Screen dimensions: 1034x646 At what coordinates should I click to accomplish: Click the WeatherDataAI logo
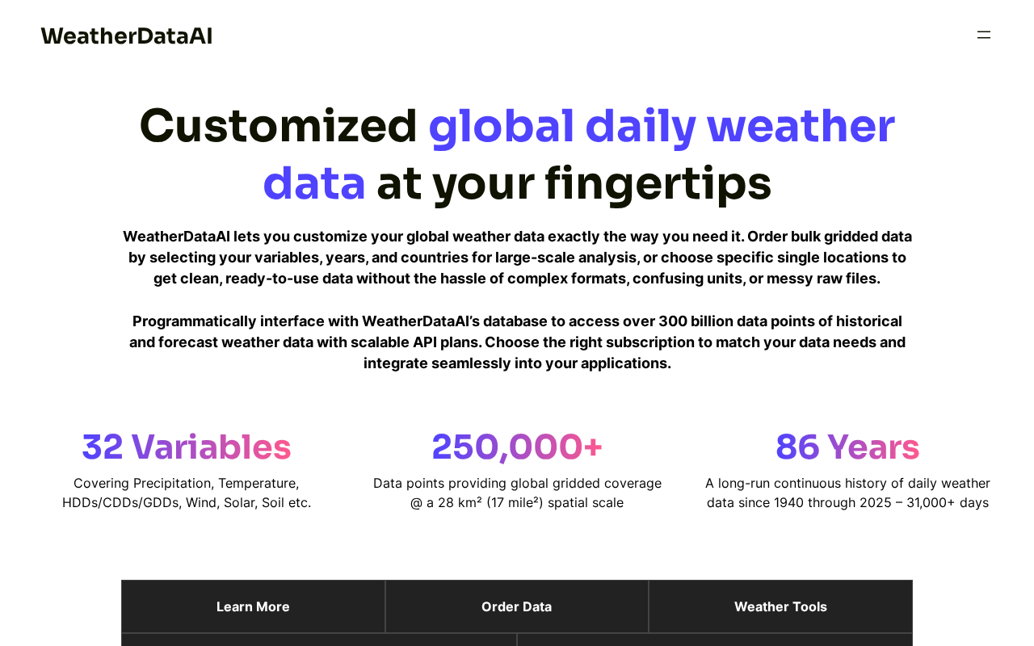(127, 36)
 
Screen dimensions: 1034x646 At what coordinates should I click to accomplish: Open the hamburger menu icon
(984, 35)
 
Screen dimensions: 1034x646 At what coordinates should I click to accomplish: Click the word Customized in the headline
(279, 126)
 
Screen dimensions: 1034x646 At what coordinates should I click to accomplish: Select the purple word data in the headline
(314, 183)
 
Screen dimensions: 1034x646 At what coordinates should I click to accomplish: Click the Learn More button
(253, 606)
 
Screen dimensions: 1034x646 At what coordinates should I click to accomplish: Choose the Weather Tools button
(780, 606)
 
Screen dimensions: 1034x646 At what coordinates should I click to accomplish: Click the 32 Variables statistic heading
(187, 447)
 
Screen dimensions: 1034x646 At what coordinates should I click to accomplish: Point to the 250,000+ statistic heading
(517, 447)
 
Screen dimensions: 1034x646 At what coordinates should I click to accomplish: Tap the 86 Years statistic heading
(847, 447)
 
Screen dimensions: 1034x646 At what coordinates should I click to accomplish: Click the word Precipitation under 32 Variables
(173, 483)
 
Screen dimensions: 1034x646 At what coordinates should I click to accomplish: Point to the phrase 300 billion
(696, 321)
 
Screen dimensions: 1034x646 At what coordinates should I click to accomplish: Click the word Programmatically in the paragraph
(195, 321)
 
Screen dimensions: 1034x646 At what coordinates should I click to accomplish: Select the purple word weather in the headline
(801, 126)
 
